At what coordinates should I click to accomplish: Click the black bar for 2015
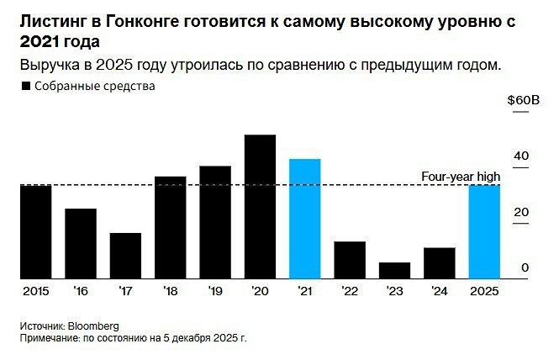click(x=35, y=231)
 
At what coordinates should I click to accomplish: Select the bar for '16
click(x=81, y=243)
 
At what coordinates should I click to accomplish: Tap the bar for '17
click(x=125, y=255)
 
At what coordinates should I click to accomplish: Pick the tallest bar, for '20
click(x=260, y=206)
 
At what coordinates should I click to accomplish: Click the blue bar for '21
click(x=304, y=219)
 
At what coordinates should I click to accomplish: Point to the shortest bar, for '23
click(x=394, y=270)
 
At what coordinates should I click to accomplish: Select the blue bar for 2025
click(x=484, y=231)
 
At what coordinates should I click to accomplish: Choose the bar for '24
click(x=439, y=262)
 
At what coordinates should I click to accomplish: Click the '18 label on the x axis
click(x=171, y=291)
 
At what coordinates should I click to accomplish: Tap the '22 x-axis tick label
click(x=350, y=291)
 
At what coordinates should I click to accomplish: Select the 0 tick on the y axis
click(x=525, y=267)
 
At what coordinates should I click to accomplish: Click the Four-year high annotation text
click(x=460, y=176)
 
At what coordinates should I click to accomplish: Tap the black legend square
click(x=25, y=85)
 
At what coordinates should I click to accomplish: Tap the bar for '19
click(x=215, y=222)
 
